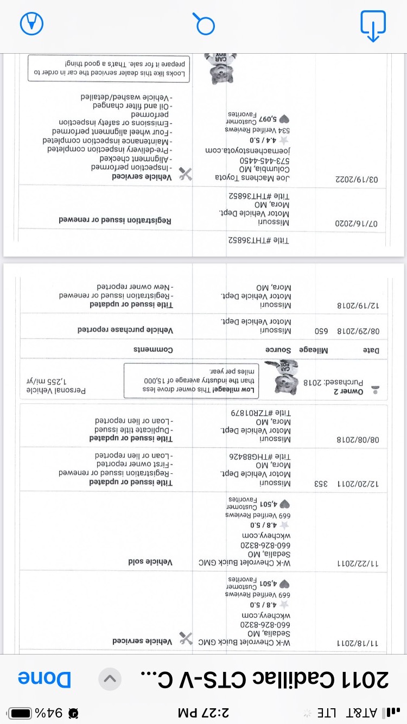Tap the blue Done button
(x=44, y=679)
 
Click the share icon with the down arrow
(x=373, y=25)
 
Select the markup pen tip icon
(x=31, y=23)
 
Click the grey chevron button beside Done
(x=110, y=679)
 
